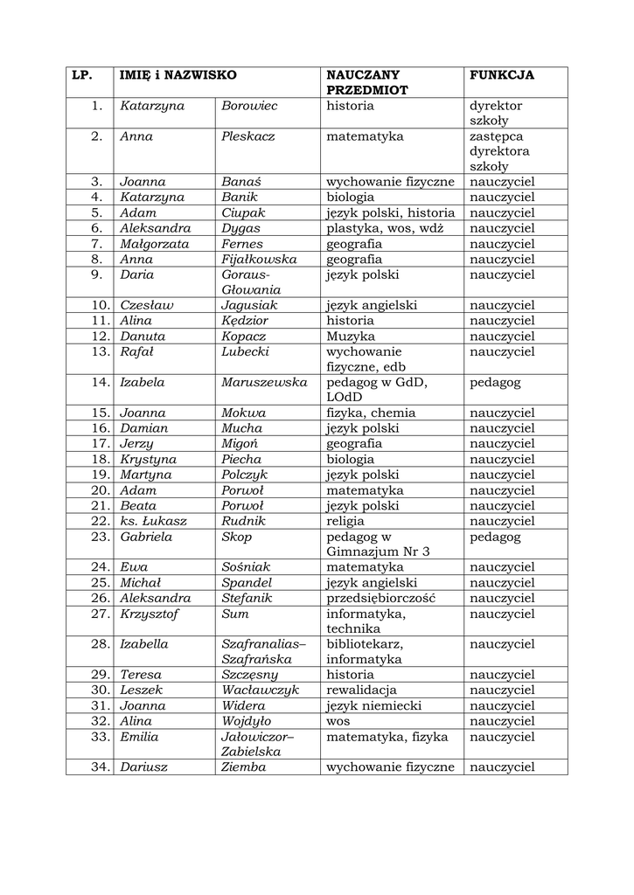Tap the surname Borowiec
[x=249, y=106]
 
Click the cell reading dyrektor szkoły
[x=495, y=114]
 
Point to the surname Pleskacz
[x=248, y=136]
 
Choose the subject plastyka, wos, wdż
[x=385, y=228]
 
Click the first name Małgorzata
[x=154, y=244]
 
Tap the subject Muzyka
[x=351, y=336]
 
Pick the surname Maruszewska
[x=264, y=382]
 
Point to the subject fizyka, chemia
[x=371, y=413]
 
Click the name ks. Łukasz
[x=153, y=521]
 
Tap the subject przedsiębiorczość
[x=380, y=598]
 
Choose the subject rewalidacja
[x=361, y=690]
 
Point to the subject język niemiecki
[x=373, y=705]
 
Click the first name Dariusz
[x=144, y=767]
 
